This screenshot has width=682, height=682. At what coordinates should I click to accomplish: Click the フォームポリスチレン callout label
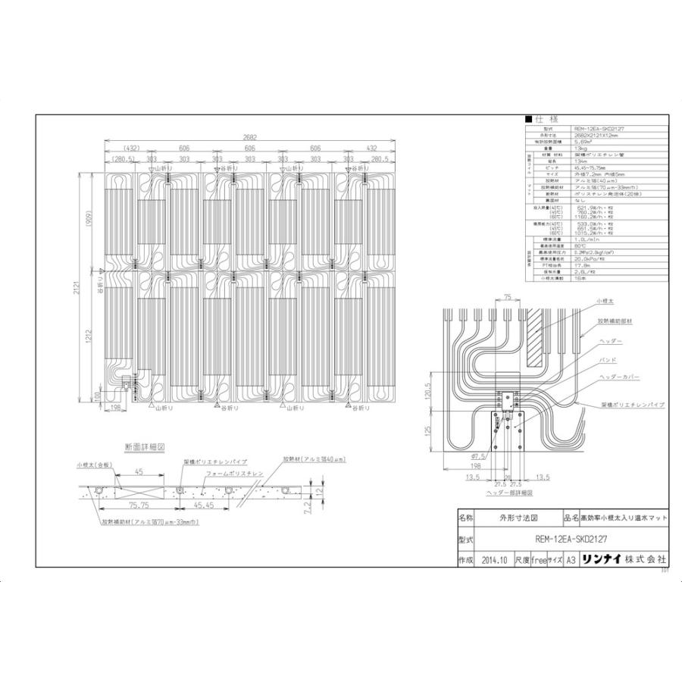coord(233,472)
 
